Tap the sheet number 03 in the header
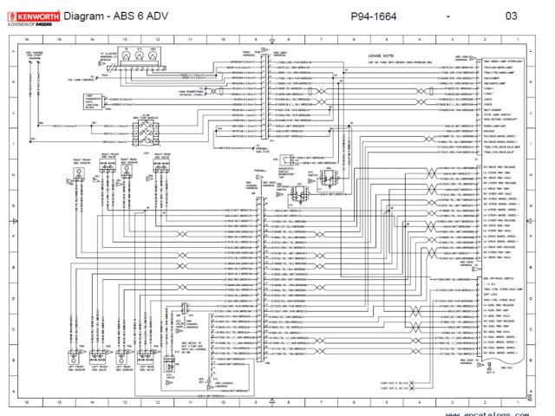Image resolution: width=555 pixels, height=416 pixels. [x=511, y=16]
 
